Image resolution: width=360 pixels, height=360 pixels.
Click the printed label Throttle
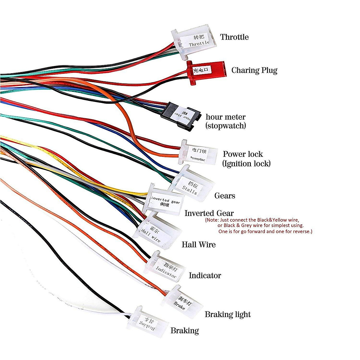click(234, 37)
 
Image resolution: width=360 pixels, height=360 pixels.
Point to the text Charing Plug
click(254, 70)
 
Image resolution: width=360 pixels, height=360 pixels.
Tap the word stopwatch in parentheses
click(226, 126)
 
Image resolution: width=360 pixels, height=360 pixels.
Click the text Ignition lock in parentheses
click(246, 163)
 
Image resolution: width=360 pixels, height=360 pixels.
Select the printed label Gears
click(225, 196)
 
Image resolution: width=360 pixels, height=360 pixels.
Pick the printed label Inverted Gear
click(209, 213)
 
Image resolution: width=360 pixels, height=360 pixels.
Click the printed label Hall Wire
click(199, 245)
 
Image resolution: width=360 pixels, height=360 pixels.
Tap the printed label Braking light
click(228, 314)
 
